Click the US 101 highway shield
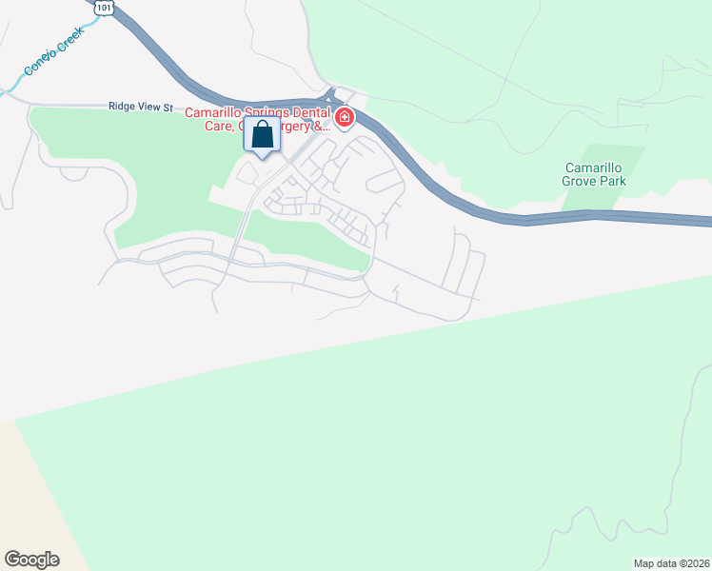click(102, 8)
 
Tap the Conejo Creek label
click(55, 50)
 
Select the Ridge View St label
click(140, 108)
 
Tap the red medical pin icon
click(344, 119)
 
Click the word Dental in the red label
click(307, 111)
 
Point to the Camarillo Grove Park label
click(592, 176)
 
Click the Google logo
click(31, 560)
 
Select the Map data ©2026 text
click(671, 562)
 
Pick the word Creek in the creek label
click(70, 40)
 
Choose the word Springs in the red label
click(265, 111)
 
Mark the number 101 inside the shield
click(102, 9)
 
